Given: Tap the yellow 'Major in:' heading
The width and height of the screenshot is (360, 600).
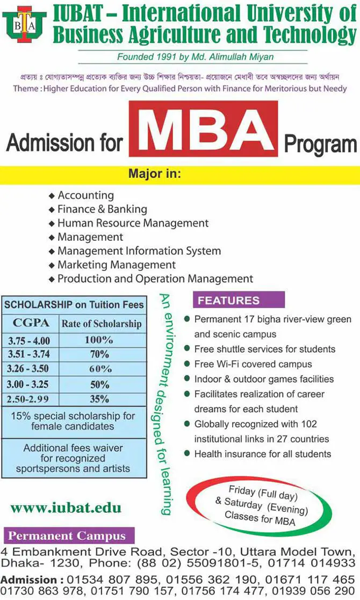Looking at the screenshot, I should pyautogui.click(x=154, y=174).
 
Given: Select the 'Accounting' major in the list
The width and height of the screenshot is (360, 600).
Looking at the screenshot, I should pyautogui.click(x=85, y=195).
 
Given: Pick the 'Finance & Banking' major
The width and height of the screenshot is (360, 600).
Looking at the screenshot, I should pyautogui.click(x=102, y=209).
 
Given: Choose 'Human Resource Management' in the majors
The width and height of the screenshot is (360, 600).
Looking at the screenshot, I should pyautogui.click(x=133, y=223).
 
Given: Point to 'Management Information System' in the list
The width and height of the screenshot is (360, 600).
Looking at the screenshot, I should pyautogui.click(x=139, y=251).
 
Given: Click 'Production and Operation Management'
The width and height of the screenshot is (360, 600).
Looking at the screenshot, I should pyautogui.click(x=155, y=278).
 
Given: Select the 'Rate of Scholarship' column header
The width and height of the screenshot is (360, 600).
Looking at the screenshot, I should pyautogui.click(x=102, y=324).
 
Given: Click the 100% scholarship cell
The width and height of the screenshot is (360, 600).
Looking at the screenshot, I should pyautogui.click(x=99, y=340).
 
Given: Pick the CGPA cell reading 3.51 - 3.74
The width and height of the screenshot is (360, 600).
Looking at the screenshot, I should pyautogui.click(x=29, y=354).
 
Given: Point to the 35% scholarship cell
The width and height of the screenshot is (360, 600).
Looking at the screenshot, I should pyautogui.click(x=99, y=398).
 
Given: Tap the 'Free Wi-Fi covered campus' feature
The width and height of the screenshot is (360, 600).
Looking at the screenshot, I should pyautogui.click(x=253, y=364).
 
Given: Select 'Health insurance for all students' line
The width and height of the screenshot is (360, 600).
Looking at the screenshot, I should pyautogui.click(x=263, y=454).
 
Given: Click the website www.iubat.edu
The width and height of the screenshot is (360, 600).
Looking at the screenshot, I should pyautogui.click(x=66, y=508).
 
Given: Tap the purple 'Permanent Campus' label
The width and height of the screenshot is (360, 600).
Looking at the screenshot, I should pyautogui.click(x=67, y=535).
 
